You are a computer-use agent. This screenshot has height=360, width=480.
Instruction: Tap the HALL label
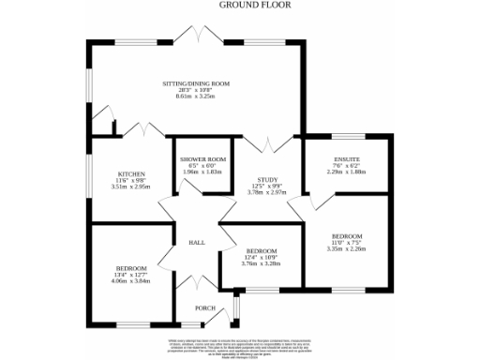click(197, 242)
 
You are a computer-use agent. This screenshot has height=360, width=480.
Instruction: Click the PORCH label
click(205, 308)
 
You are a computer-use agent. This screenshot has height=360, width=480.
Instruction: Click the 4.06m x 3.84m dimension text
click(131, 281)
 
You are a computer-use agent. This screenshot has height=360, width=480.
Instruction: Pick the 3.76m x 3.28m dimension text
click(262, 264)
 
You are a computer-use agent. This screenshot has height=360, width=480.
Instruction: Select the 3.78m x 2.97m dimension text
click(269, 192)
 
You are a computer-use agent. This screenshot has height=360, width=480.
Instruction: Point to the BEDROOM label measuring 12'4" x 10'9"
click(262, 250)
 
